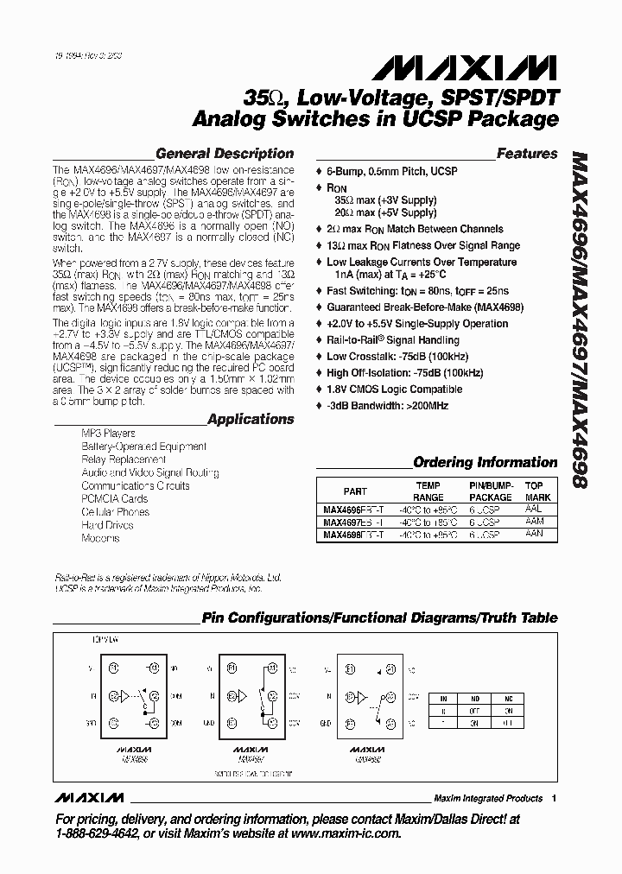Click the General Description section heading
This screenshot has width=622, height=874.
click(224, 154)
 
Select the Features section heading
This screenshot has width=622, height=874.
click(527, 154)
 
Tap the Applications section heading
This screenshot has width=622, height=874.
click(251, 419)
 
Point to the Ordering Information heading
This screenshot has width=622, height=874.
click(486, 462)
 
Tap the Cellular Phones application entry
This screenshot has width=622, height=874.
click(116, 511)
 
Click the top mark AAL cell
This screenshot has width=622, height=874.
click(533, 510)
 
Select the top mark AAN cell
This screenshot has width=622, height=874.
click(533, 535)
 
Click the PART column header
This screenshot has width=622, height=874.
click(355, 491)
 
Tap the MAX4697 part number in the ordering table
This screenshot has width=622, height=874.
click(354, 522)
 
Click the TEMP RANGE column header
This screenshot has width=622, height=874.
click(428, 491)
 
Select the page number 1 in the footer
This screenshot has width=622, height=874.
click(554, 798)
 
